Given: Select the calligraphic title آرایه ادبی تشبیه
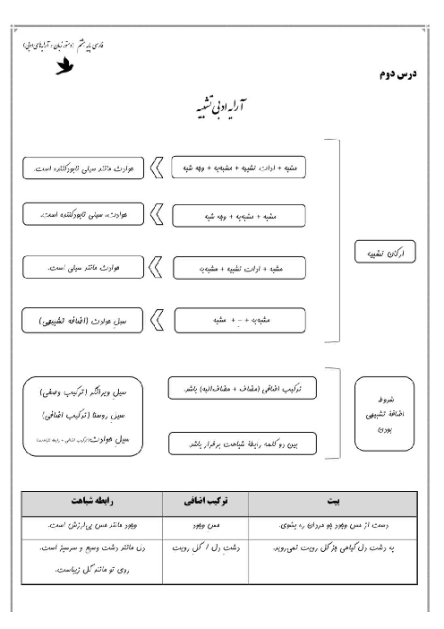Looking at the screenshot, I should coord(225,107).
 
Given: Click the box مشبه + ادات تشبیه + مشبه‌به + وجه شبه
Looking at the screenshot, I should coord(238,167).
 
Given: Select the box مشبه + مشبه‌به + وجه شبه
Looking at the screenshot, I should coord(238,216).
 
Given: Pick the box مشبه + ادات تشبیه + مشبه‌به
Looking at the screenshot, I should coord(238,267).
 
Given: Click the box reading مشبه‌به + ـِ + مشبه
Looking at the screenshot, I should coord(238,318).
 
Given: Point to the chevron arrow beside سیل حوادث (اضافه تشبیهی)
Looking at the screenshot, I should coord(158,318).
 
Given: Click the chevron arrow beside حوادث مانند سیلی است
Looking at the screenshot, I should coord(158,267).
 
